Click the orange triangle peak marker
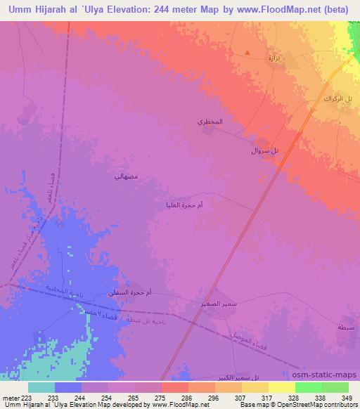tap(247, 53)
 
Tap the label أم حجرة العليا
tap(182, 204)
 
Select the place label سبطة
tap(346, 327)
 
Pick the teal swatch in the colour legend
tap(41, 387)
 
